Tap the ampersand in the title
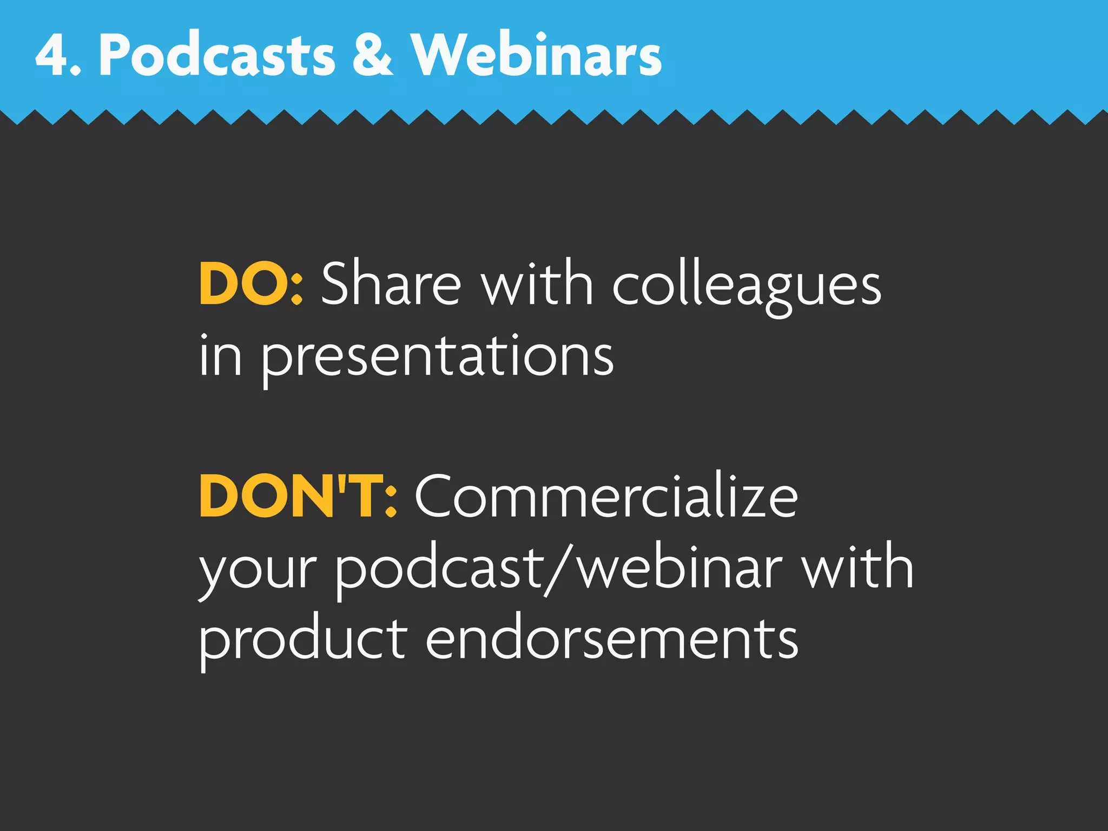point(372,55)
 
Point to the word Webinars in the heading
point(536,55)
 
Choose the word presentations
point(438,357)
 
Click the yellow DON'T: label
point(298,496)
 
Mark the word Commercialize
point(606,496)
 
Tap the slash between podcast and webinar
point(558,569)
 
